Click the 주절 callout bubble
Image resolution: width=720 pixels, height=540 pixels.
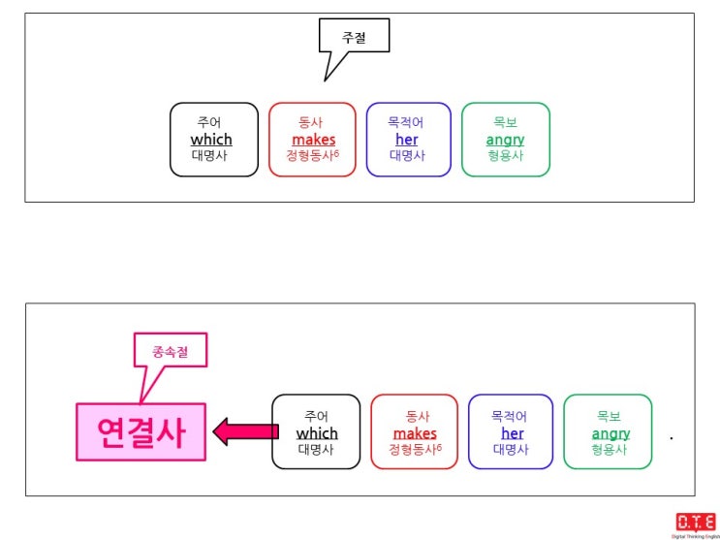354,37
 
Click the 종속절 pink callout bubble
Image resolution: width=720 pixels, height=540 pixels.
170,351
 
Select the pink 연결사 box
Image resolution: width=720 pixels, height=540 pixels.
141,431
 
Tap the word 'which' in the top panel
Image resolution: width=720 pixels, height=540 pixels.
211,140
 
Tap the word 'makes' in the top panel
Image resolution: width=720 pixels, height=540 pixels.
313,140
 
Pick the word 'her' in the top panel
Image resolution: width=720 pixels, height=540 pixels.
407,140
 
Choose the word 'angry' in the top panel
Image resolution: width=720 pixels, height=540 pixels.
505,140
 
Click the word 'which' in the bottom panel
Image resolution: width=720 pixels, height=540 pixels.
317,433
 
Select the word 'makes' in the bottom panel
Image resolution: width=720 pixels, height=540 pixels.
415,433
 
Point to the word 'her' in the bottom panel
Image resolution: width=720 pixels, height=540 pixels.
512,433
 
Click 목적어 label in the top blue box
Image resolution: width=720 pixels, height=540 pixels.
407,123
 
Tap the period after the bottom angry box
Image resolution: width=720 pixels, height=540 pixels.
672,438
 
